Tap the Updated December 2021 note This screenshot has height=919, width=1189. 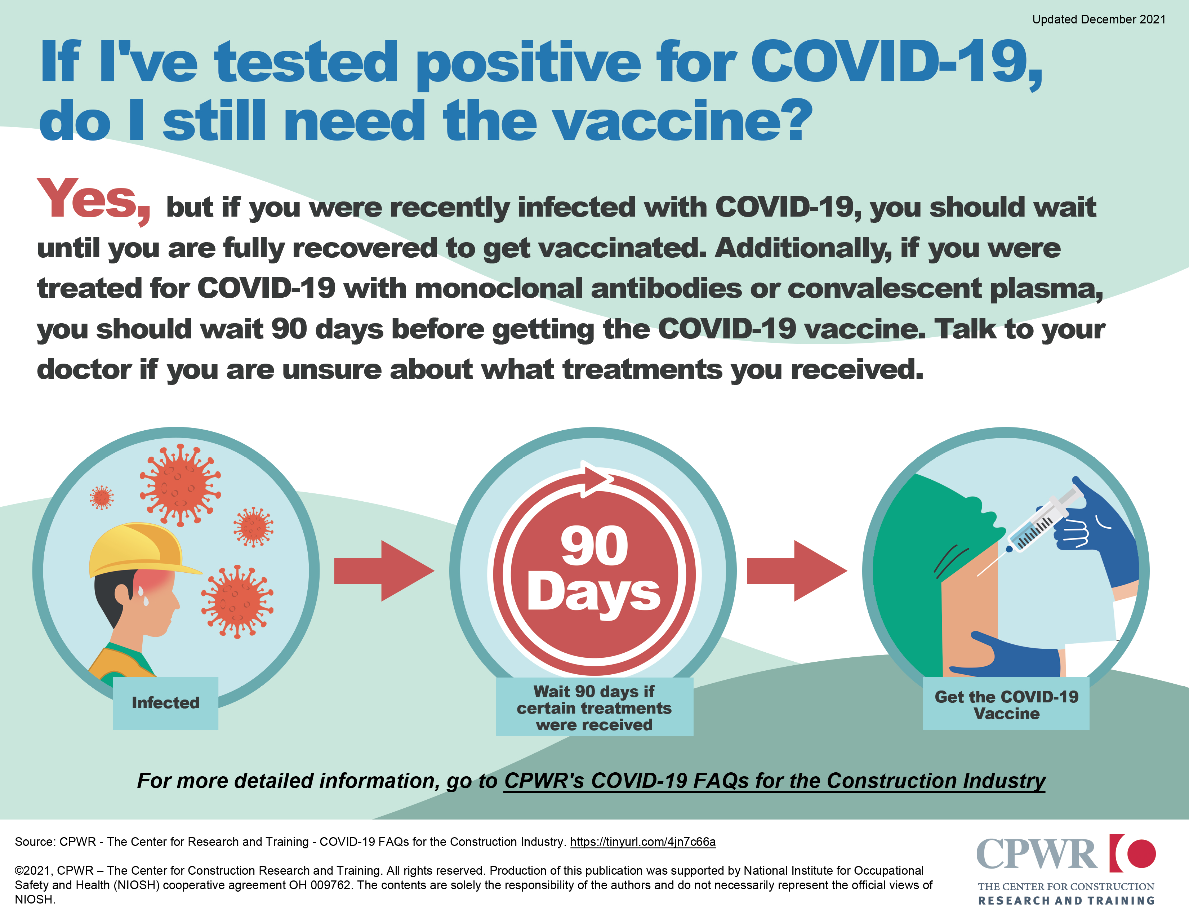[1099, 19]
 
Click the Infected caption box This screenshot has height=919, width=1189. [165, 703]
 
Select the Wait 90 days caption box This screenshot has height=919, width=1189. [594, 707]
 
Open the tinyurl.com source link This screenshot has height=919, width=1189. [643, 842]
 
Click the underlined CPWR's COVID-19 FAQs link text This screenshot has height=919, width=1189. [775, 781]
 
